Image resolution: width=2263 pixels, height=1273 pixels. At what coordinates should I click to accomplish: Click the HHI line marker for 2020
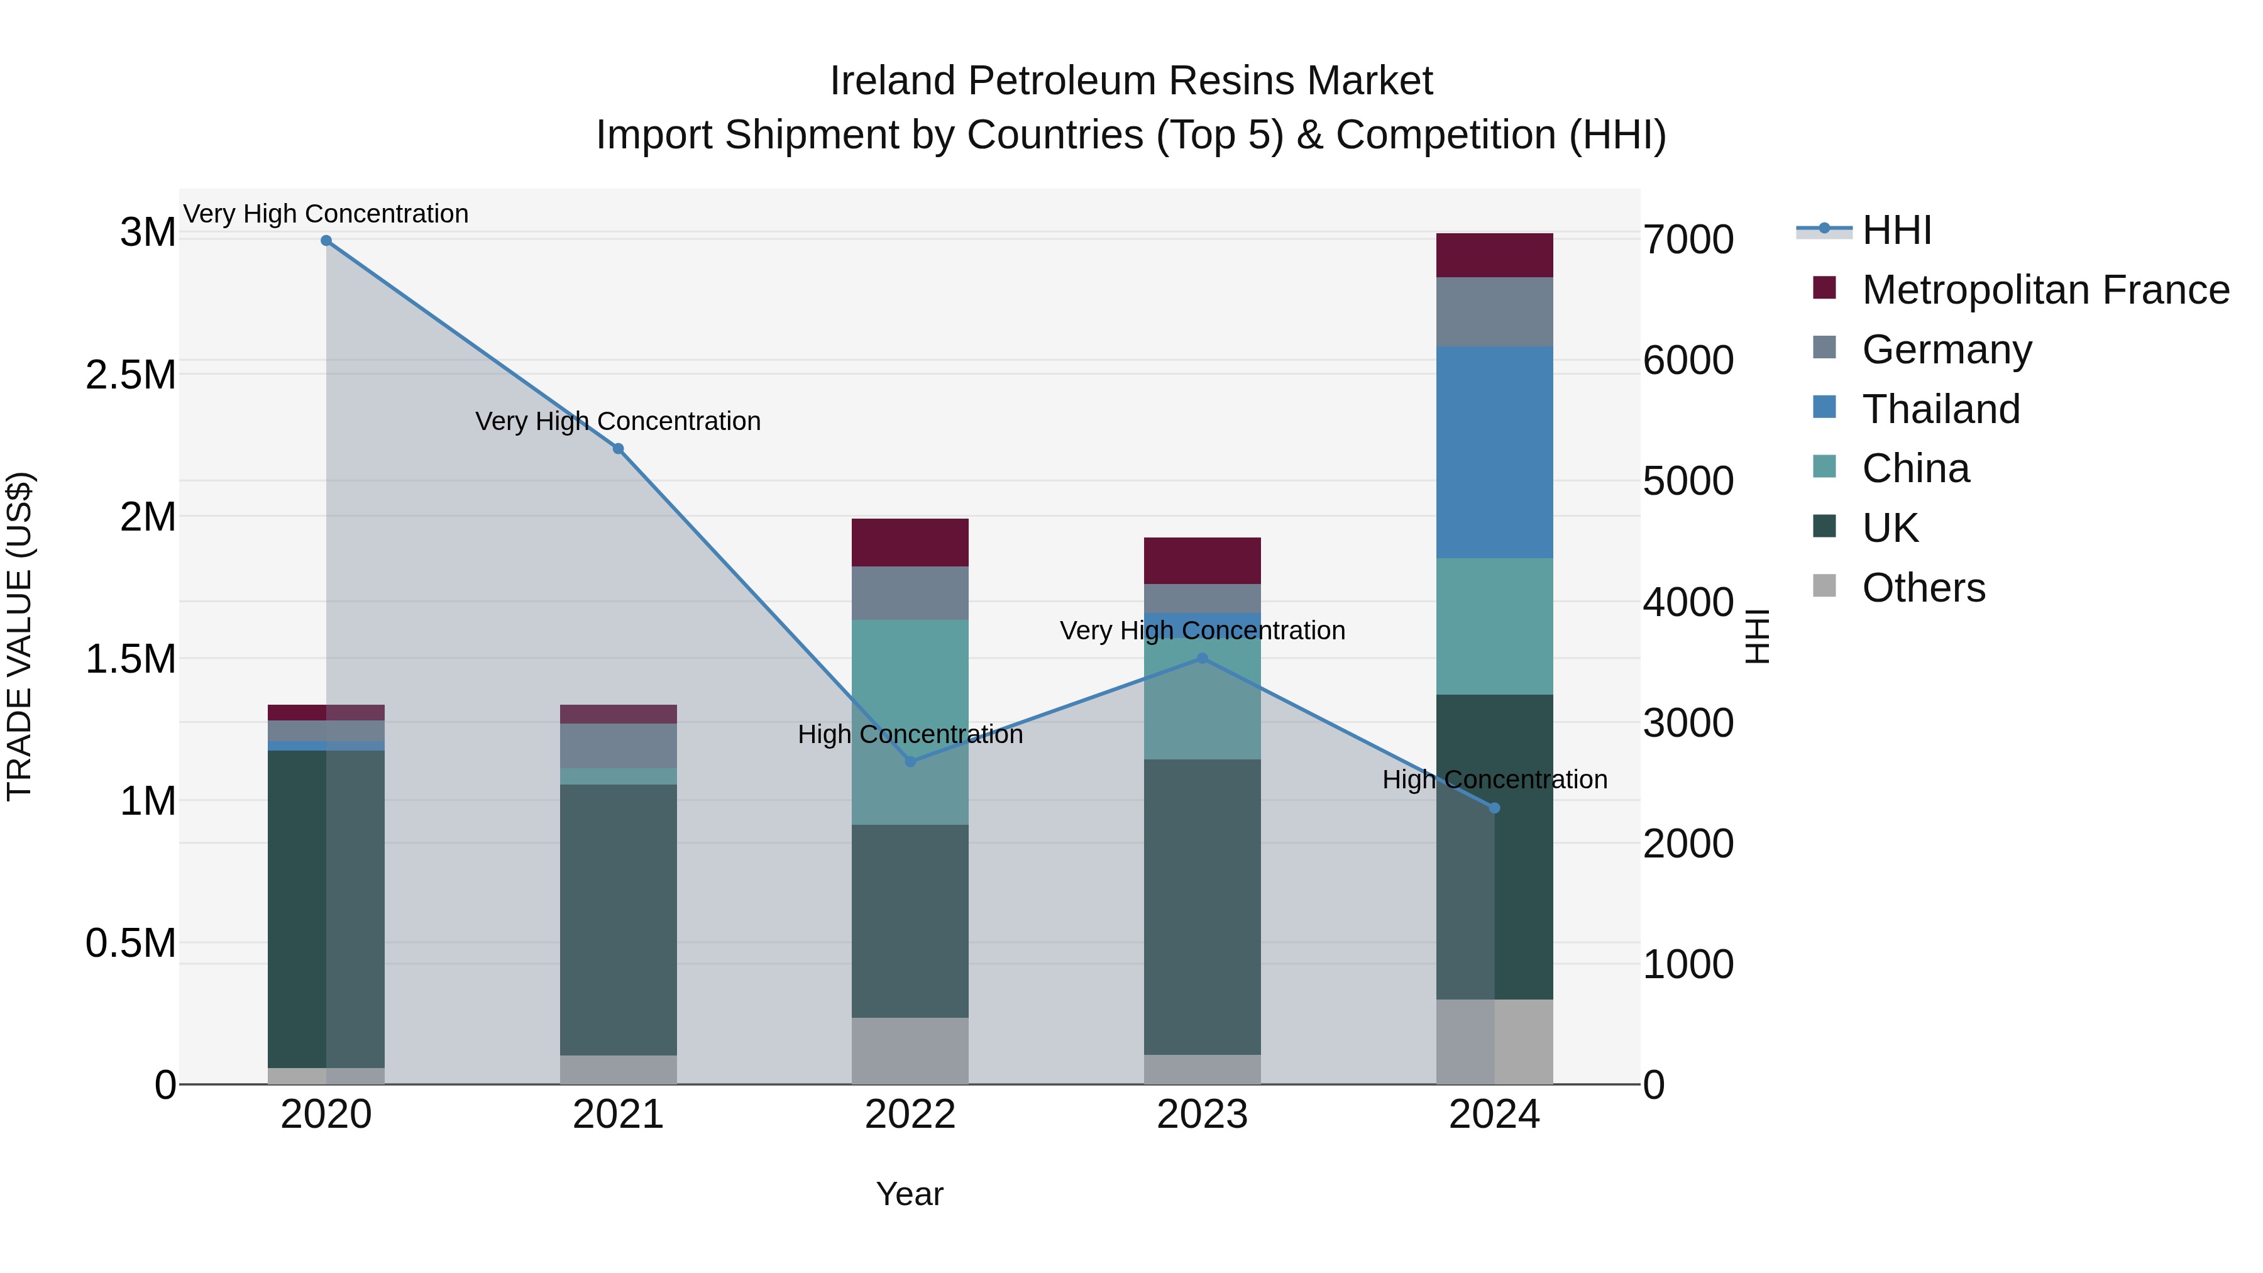326,241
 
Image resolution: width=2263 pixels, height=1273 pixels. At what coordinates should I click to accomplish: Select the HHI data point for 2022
910,762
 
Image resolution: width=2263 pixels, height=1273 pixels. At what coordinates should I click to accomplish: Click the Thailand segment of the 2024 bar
1494,453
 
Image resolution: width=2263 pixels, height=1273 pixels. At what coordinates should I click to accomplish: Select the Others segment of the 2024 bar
1494,1041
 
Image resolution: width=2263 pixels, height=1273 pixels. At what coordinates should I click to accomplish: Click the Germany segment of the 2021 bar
619,746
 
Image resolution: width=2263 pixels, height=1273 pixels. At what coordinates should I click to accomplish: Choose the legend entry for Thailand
1941,409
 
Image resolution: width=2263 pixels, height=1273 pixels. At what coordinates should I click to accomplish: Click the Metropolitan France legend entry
2045,290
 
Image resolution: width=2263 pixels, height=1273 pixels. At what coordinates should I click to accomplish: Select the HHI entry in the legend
1896,230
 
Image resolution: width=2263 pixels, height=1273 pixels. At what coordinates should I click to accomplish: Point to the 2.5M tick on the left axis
131,375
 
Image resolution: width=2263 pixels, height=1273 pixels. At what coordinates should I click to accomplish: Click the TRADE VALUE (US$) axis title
19,637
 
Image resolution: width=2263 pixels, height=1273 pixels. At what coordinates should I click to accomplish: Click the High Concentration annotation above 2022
910,734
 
